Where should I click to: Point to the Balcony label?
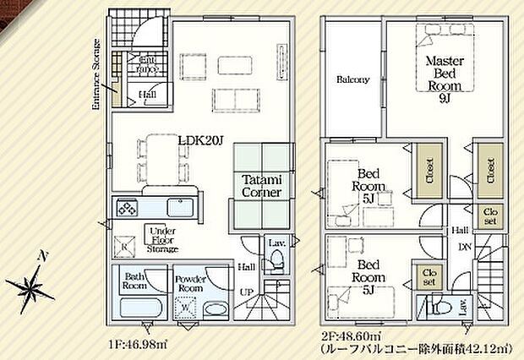352,80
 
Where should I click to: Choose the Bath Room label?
135,280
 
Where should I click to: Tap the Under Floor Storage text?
161,240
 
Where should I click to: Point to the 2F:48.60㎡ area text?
349,335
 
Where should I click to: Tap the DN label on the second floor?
464,246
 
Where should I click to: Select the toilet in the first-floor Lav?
272,264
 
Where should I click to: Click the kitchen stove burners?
128,208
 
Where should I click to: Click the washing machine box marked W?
184,308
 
